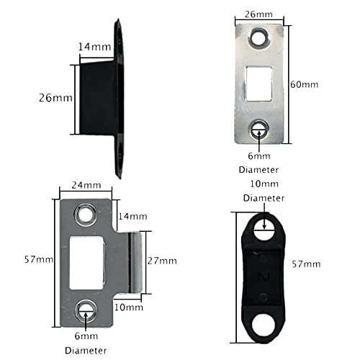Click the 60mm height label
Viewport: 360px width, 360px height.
(x=304, y=84)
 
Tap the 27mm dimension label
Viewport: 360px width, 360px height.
(x=162, y=261)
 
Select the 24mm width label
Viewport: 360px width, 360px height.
(x=86, y=185)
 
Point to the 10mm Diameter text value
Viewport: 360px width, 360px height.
(x=264, y=184)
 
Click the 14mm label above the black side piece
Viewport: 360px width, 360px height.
(x=95, y=47)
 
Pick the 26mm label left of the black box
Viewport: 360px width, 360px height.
(x=55, y=98)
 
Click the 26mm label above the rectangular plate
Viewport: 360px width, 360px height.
(x=258, y=14)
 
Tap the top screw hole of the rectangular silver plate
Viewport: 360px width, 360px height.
(x=258, y=37)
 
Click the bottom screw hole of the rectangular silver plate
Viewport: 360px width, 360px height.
(x=259, y=130)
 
